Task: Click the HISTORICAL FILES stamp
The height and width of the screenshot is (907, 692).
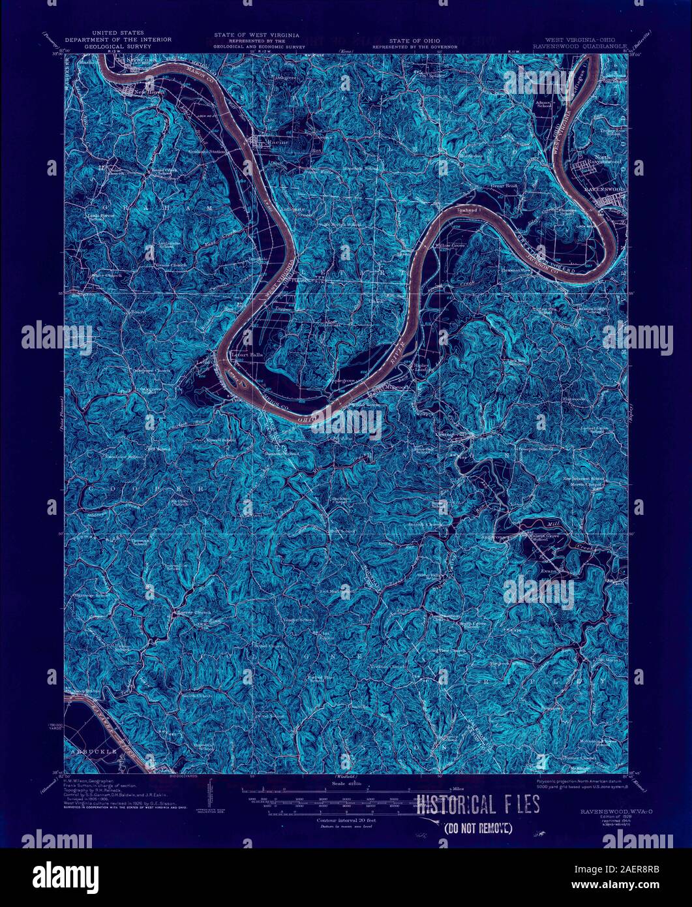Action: click(478, 805)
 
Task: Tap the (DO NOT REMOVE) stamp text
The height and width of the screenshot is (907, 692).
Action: click(477, 828)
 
